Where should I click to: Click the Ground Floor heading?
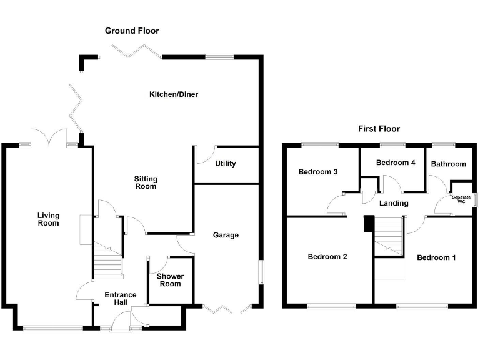(x=132, y=31)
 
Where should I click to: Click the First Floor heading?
(x=379, y=129)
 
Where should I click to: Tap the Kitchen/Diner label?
(x=174, y=94)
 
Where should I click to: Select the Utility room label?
(x=225, y=164)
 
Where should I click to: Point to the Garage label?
(x=226, y=235)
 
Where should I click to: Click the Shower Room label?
(x=169, y=280)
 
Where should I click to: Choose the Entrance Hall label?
(x=121, y=299)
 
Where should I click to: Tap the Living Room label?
(x=48, y=219)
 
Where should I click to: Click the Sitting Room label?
(x=146, y=182)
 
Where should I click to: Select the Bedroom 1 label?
(x=436, y=257)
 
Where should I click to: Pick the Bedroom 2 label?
(x=327, y=257)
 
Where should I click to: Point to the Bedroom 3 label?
(x=318, y=172)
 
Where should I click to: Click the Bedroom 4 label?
(x=396, y=162)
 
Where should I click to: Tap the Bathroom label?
(x=448, y=164)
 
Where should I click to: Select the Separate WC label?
(x=461, y=199)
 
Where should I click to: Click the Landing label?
(x=394, y=203)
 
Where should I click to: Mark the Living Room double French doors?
(x=49, y=137)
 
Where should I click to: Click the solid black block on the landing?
(x=369, y=223)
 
